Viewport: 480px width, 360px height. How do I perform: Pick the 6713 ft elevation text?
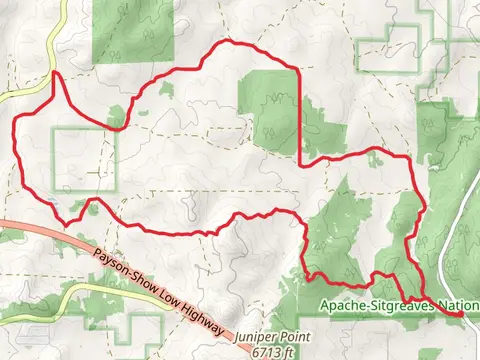pyautogui.click(x=275, y=352)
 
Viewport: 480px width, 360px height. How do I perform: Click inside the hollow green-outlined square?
pyautogui.click(x=84, y=160)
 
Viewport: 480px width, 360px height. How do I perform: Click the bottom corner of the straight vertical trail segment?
pyautogui.click(x=300, y=162)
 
